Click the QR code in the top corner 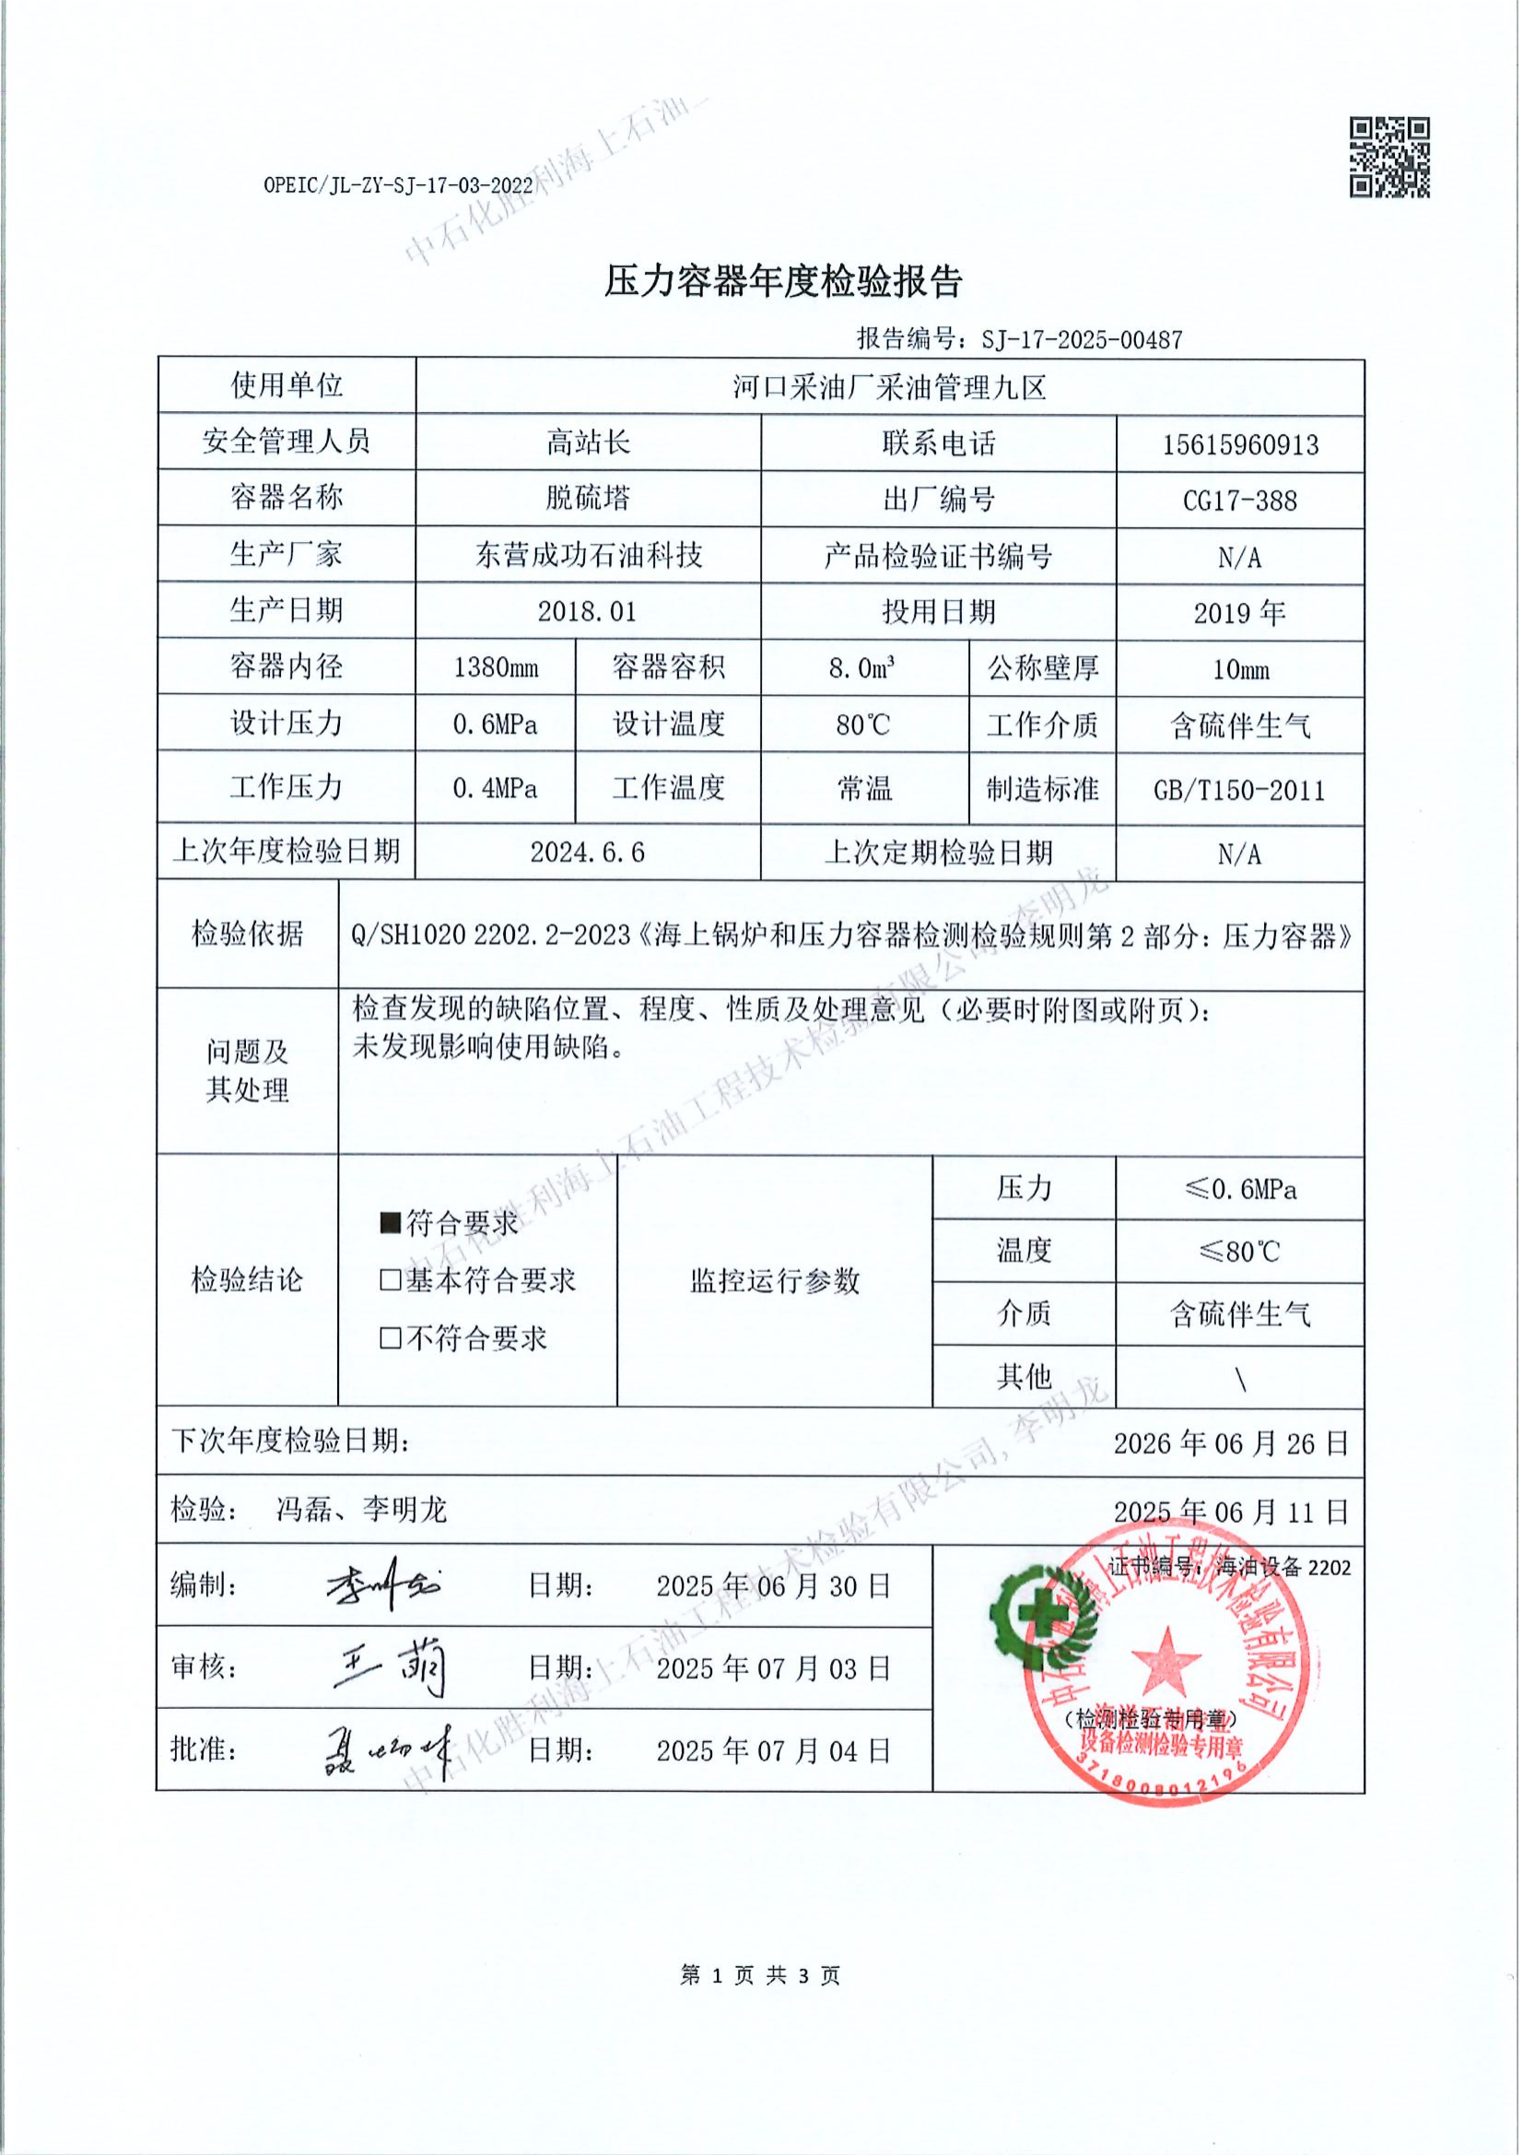pos(1388,157)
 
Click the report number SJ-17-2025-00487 pos(1081,339)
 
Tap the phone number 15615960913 pos(1239,444)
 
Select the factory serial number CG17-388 pos(1239,500)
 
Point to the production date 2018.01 pos(588,612)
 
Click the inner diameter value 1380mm pos(496,668)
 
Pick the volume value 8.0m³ pos(861,668)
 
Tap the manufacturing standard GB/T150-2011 pos(1238,790)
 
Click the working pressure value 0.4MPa pos(495,788)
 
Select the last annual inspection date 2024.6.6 pos(588,853)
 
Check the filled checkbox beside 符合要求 pos(391,1223)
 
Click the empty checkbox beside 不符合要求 pos(391,1337)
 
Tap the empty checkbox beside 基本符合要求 pos(391,1280)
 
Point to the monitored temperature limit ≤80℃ pos(1238,1252)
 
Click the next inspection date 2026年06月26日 pos(1230,1443)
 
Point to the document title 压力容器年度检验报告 pos(783,280)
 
